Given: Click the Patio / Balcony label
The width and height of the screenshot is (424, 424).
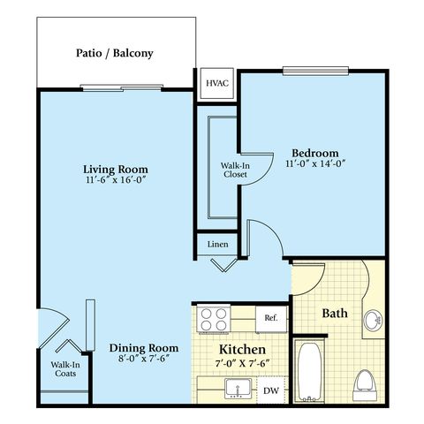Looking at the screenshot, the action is (115, 53).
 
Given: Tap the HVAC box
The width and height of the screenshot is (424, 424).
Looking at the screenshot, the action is (217, 83).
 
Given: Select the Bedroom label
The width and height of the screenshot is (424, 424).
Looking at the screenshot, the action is (315, 153).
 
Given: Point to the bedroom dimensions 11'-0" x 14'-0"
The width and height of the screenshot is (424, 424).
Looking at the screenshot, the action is (315, 163).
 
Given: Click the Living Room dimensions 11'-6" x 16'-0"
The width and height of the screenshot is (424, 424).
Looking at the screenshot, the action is (116, 179).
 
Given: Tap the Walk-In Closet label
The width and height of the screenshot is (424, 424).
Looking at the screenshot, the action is (235, 170).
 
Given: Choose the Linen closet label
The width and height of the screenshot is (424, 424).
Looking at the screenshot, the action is (217, 245).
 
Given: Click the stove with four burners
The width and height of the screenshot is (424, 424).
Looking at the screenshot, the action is (214, 319).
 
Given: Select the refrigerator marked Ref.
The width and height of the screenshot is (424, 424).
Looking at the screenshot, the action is (271, 319).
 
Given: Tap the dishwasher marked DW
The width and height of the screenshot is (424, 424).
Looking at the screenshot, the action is (271, 390).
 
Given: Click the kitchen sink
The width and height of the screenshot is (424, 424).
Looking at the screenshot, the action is (238, 389).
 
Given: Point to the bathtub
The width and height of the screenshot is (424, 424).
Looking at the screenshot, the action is (309, 372).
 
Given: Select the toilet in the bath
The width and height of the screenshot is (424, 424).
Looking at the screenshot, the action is (365, 385).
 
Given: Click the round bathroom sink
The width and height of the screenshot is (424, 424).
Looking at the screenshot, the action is (373, 320).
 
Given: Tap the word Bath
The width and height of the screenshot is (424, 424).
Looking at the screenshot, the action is (335, 313).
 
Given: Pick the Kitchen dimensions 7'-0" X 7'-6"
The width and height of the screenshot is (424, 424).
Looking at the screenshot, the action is (243, 363).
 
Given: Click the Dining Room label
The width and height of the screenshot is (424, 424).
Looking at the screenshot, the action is (144, 348).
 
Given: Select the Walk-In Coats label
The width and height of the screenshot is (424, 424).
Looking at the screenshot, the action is (65, 369).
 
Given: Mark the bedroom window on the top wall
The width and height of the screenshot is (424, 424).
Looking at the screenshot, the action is (315, 71).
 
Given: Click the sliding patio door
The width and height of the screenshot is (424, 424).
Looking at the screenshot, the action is (121, 87).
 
